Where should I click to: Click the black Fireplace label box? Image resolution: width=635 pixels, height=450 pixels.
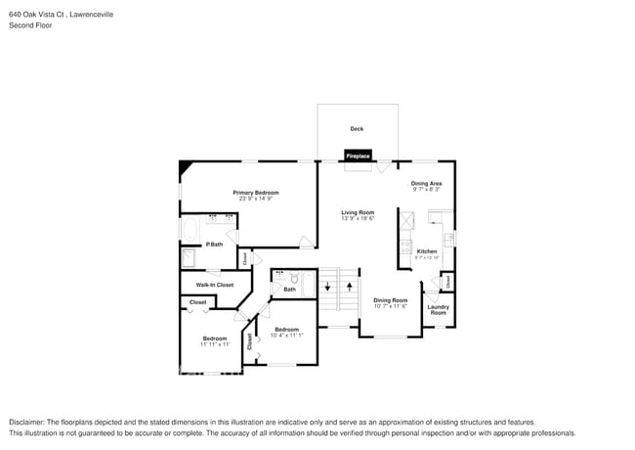tap(358, 156)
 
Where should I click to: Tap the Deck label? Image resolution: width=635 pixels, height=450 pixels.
tap(357, 128)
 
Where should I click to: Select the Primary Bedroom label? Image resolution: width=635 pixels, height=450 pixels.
tap(256, 193)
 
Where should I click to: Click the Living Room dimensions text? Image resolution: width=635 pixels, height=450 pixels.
tap(358, 219)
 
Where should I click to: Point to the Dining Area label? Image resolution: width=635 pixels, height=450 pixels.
tap(426, 183)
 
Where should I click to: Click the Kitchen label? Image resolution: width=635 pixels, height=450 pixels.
tap(427, 251)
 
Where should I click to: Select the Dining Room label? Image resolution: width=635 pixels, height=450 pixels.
tap(390, 300)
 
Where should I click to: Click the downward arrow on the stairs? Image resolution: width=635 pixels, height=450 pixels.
tap(327, 287)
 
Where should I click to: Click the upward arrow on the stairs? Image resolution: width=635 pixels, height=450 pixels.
tap(349, 287)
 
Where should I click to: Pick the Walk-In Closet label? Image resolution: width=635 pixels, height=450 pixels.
tap(215, 285)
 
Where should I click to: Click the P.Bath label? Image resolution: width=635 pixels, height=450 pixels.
tap(213, 245)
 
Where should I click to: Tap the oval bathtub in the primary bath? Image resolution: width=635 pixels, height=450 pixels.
tap(190, 231)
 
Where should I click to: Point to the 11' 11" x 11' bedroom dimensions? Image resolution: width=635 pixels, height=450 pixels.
tap(215, 344)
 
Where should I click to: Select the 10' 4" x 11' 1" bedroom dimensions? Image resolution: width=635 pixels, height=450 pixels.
tap(286, 336)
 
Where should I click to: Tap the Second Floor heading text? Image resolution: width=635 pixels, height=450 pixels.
tap(30, 25)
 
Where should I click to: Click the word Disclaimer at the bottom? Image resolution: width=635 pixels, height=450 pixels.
tap(30, 422)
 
